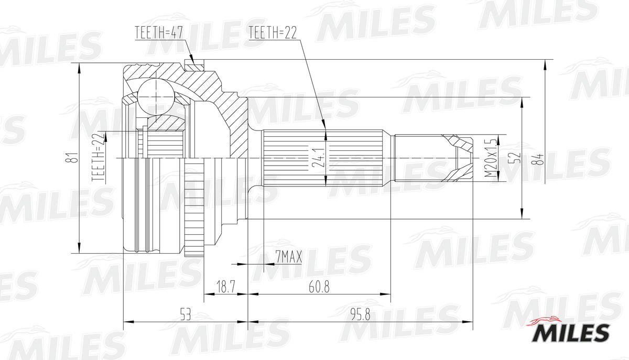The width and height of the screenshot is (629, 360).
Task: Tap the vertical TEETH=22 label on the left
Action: pos(98,157)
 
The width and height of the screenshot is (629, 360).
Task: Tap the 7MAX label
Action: pos(288,257)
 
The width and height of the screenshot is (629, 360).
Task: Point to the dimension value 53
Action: pos(185,314)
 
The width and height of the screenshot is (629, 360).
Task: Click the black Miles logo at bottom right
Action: pos(571,333)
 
